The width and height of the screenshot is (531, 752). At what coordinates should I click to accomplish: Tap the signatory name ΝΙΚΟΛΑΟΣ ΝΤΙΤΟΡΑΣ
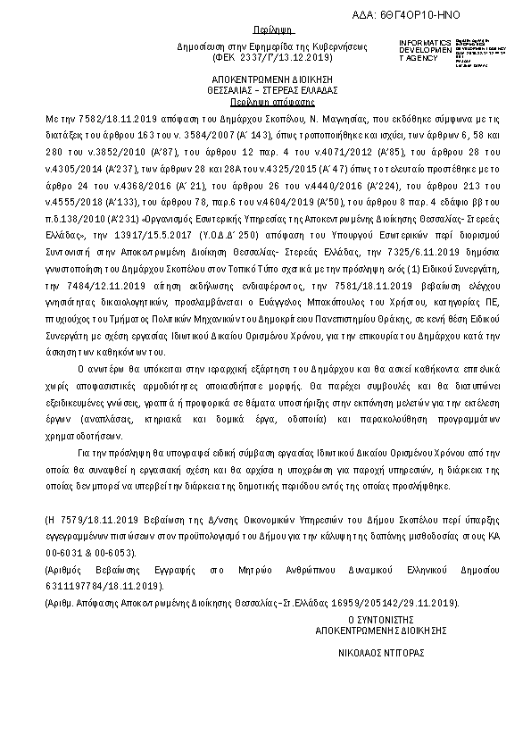381,653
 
